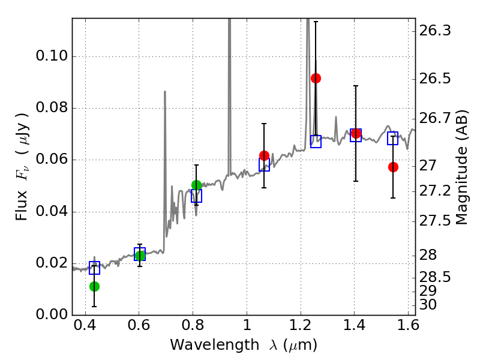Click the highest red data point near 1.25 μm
click(x=316, y=79)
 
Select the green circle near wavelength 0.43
click(x=94, y=287)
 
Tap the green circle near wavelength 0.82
click(x=196, y=185)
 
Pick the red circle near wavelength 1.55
click(x=393, y=167)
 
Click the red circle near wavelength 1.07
click(x=264, y=155)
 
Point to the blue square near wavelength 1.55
click(x=392, y=138)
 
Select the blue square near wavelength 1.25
click(x=316, y=142)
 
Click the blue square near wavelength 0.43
click(x=94, y=268)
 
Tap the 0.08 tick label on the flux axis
click(x=52, y=108)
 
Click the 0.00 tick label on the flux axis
click(x=52, y=314)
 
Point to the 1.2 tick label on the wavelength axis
click(x=301, y=325)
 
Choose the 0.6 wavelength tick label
click(x=139, y=325)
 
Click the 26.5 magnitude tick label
click(x=435, y=79)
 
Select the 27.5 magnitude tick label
click(x=435, y=221)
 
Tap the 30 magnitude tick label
click(x=428, y=305)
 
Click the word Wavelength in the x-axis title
click(x=215, y=345)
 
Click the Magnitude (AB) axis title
click(x=461, y=168)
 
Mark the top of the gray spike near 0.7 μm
click(x=164, y=91)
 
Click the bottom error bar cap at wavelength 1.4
click(x=356, y=181)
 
